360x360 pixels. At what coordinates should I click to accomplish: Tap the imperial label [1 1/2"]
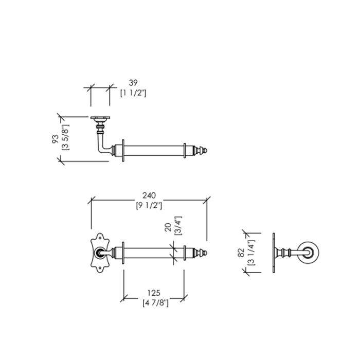click(133, 93)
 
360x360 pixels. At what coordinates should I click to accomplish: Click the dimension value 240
click(149, 196)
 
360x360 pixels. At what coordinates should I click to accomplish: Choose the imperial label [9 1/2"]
click(149, 206)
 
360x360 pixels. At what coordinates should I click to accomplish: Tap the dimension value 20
click(167, 227)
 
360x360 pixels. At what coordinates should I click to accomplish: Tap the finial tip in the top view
click(205, 151)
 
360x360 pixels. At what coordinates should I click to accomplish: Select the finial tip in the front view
click(205, 253)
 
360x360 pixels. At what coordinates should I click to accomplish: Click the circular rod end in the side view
click(310, 253)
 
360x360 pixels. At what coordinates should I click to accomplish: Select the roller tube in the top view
click(154, 151)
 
